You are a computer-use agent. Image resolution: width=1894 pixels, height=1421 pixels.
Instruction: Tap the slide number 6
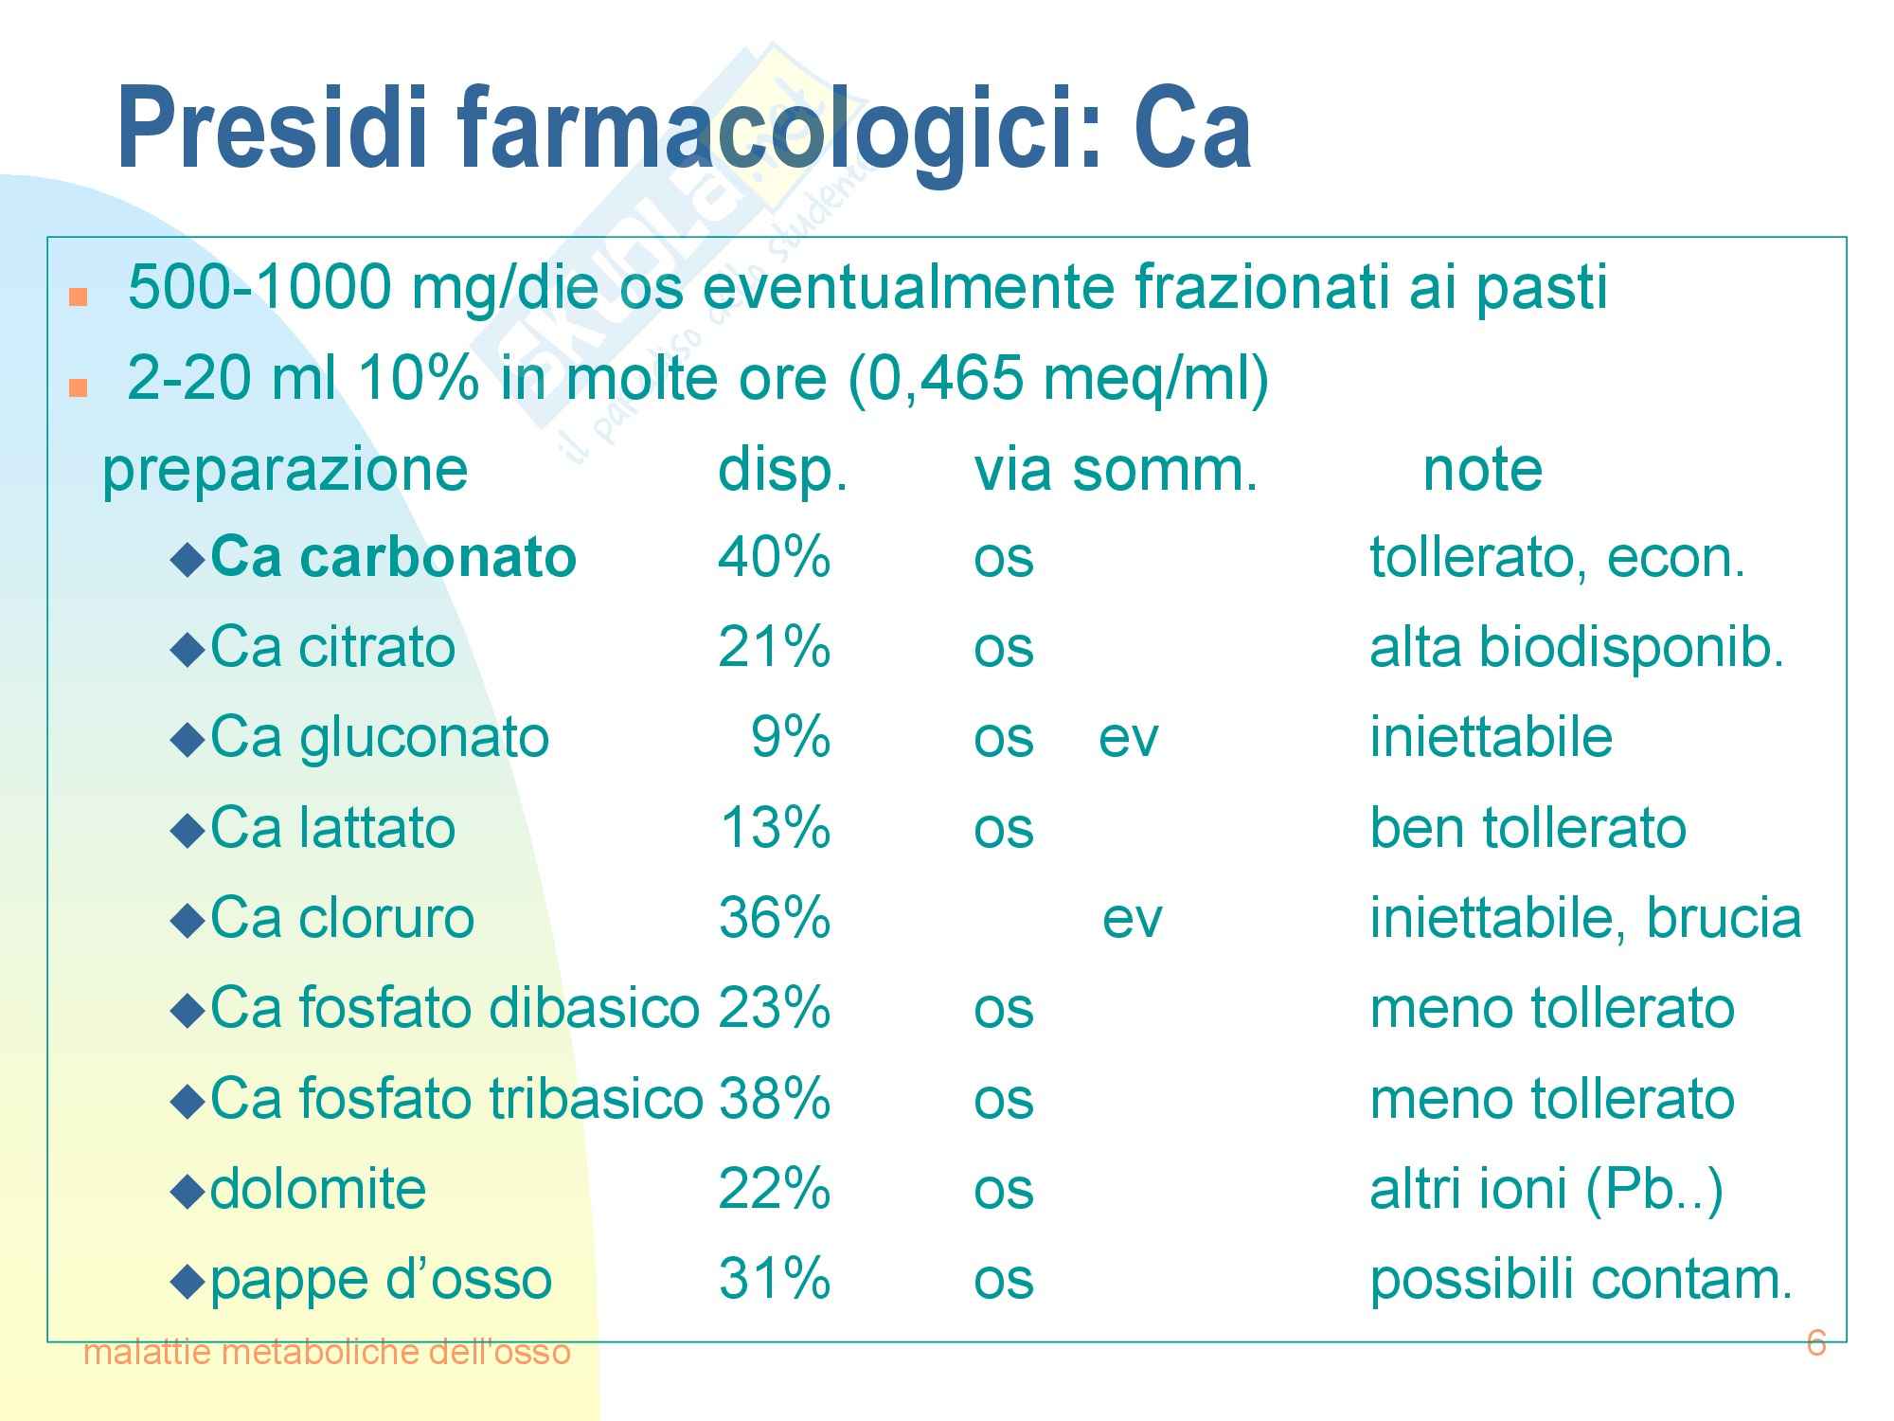point(1815,1342)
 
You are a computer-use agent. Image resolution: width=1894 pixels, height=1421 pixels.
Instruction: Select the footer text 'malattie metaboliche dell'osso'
point(328,1352)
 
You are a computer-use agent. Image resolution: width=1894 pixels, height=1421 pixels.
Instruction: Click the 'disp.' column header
point(782,471)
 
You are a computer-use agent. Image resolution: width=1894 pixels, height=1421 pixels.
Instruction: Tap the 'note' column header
point(1483,469)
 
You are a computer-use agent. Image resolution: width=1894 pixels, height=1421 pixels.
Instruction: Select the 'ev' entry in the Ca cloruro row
point(1132,919)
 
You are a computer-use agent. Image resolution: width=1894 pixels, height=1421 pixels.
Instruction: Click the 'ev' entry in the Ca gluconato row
point(1128,739)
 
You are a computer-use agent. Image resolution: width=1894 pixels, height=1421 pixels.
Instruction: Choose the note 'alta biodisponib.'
point(1577,647)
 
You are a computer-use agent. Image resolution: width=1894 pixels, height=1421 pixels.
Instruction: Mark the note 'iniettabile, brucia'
point(1585,917)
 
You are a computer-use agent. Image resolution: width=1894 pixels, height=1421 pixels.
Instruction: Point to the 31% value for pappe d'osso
point(774,1278)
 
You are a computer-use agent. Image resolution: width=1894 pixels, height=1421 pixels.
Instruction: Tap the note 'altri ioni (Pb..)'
point(1546,1189)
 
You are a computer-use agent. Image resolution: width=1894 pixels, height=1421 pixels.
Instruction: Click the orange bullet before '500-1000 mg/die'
point(78,297)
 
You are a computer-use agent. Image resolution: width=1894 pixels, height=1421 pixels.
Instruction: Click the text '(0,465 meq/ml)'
point(1057,380)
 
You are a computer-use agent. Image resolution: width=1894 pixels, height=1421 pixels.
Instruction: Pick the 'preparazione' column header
point(285,471)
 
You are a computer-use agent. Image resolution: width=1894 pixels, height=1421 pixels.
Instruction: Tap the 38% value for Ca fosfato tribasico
point(774,1098)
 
